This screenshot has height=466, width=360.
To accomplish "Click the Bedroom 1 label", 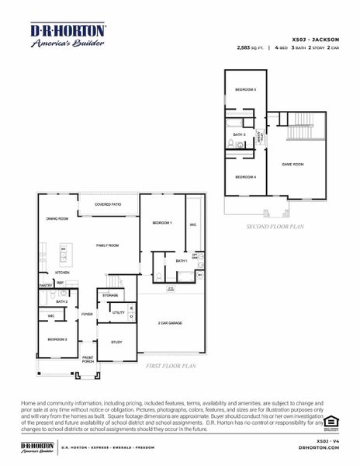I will (x=161, y=223).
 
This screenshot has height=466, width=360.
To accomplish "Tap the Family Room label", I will (x=107, y=245).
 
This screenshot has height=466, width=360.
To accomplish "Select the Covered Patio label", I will (x=108, y=204).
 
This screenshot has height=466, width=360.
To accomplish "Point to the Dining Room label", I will (x=57, y=219).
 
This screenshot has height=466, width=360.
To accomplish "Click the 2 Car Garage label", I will (x=170, y=322).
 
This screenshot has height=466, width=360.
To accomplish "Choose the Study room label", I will (x=116, y=342).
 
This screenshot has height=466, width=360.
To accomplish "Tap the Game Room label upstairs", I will (x=292, y=164).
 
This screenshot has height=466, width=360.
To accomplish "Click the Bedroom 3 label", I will (x=245, y=90).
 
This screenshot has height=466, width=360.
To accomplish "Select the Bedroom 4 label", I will (x=245, y=177).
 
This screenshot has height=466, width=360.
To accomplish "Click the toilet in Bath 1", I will (x=159, y=276).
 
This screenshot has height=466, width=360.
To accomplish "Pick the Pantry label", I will (x=44, y=285).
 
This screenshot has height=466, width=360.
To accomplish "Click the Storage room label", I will (x=110, y=296).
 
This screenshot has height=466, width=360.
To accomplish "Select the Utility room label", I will (x=119, y=313).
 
